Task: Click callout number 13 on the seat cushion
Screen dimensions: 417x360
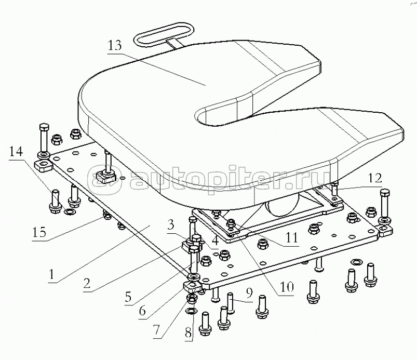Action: click(x=115, y=46)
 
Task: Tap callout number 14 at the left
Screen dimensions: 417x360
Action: click(x=16, y=152)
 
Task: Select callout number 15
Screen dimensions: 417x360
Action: click(x=39, y=232)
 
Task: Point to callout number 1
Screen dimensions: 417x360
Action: click(x=51, y=274)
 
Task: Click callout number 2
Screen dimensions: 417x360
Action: click(x=87, y=283)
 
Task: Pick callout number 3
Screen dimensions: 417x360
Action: click(x=171, y=225)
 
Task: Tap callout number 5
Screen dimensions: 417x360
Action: click(x=128, y=297)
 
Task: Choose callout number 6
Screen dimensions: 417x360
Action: click(x=142, y=311)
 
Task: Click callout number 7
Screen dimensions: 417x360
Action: click(x=156, y=330)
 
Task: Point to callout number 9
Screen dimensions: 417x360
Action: click(x=249, y=293)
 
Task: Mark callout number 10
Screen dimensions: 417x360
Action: click(x=287, y=287)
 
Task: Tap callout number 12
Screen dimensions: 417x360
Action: click(x=375, y=178)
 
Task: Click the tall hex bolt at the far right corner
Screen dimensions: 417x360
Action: click(x=385, y=204)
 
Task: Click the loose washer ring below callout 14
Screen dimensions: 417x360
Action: click(x=70, y=212)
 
